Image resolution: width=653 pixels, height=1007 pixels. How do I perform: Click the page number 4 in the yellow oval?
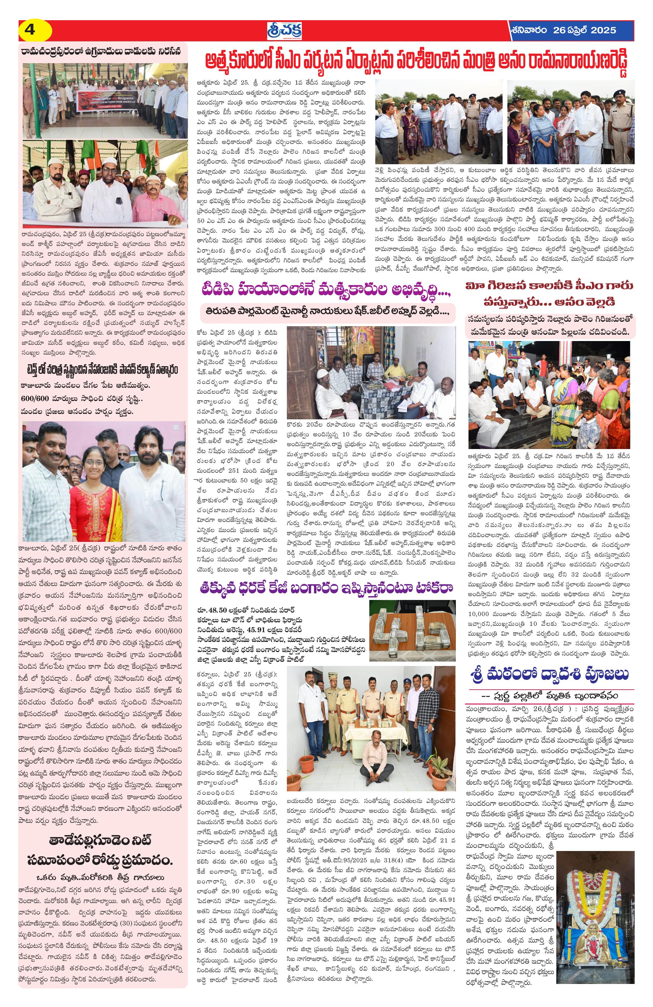coord(30,30)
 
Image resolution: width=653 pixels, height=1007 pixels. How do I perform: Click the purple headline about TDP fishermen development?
coord(326,291)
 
